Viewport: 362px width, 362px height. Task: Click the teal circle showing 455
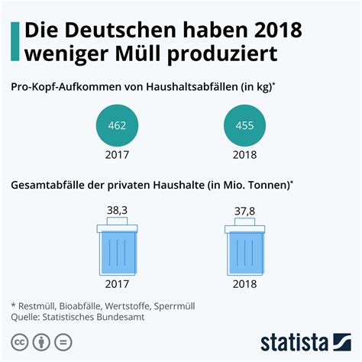click(x=246, y=125)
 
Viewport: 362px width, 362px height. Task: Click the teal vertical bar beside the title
click(x=15, y=41)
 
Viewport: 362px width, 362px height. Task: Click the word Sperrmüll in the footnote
click(x=173, y=305)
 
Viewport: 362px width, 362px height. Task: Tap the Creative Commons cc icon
click(x=18, y=341)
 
